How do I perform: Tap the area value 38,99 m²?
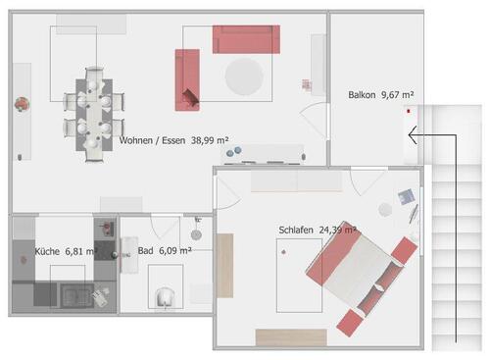coord(210,140)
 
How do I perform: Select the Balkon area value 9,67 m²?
coord(397,95)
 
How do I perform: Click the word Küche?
coord(47,252)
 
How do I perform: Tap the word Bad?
coord(145,251)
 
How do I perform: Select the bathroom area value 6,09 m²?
coord(173,251)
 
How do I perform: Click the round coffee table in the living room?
coord(245,76)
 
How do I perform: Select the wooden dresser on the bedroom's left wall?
coord(224,265)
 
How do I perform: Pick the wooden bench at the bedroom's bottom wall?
coord(290,336)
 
